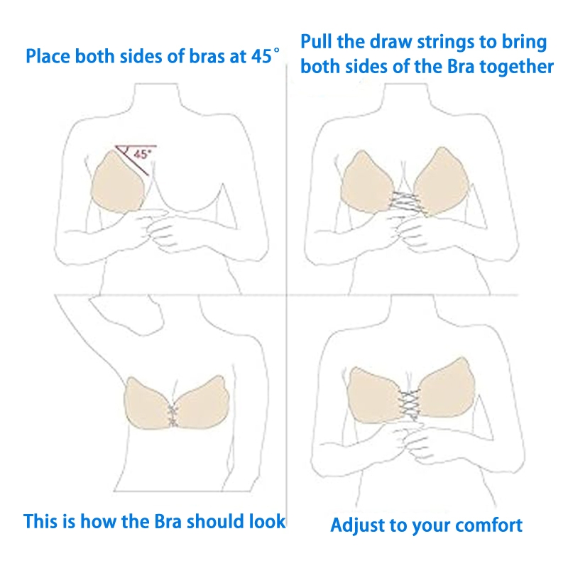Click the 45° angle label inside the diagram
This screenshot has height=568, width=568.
point(143,154)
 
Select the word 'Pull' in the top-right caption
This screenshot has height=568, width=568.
point(316,42)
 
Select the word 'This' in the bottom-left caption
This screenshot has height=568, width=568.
point(40,522)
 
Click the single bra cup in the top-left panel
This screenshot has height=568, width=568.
point(117,182)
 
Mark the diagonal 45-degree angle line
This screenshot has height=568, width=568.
point(132,160)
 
